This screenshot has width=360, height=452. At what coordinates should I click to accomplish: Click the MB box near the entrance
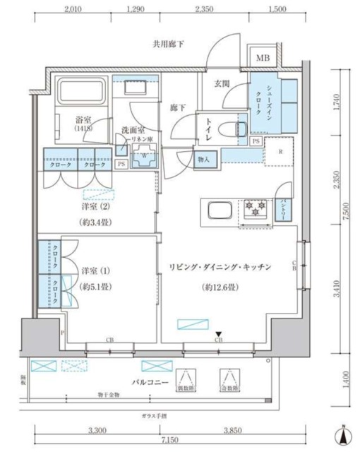263,59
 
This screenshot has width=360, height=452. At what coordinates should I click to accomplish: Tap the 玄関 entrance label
222,83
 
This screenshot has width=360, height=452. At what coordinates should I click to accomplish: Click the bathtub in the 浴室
81,93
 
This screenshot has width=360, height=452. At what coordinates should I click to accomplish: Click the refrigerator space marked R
280,152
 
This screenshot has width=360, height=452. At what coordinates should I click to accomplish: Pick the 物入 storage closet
205,160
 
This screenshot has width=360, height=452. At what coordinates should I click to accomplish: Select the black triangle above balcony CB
219,335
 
